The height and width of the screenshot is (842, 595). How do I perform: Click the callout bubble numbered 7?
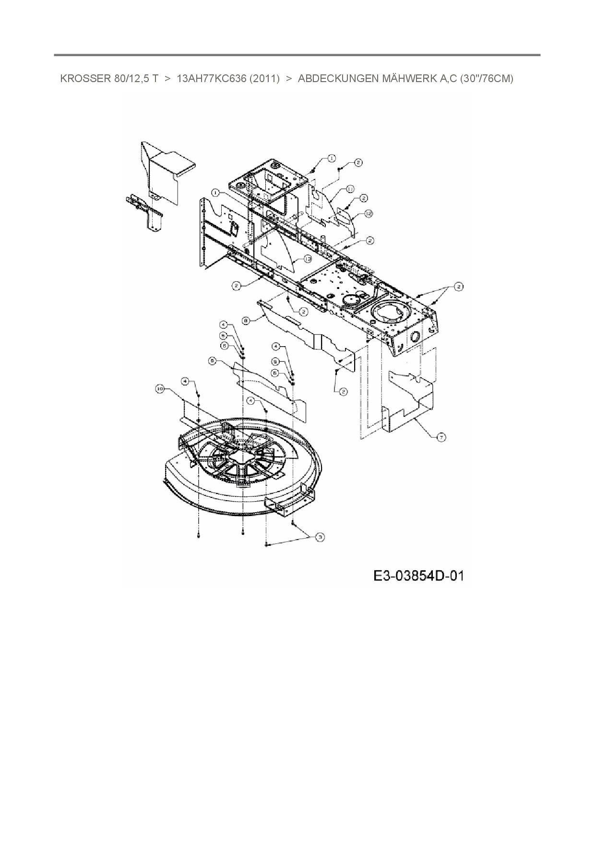tap(441, 437)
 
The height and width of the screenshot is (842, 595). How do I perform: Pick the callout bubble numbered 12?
tap(369, 214)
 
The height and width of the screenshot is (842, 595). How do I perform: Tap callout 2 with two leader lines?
tap(459, 287)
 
